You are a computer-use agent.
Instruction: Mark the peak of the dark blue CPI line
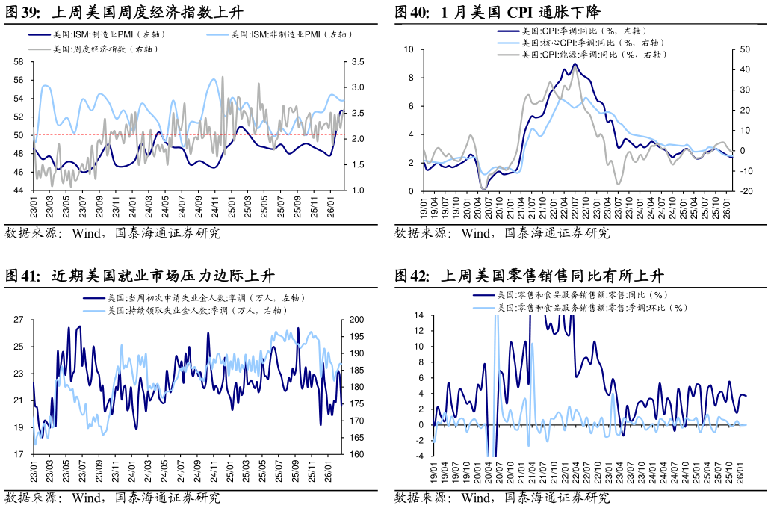click(574, 63)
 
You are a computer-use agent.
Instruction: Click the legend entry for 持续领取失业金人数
click(196, 310)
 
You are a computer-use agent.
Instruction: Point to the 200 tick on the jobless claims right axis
click(357, 320)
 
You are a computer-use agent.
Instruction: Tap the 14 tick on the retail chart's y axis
click(419, 316)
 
